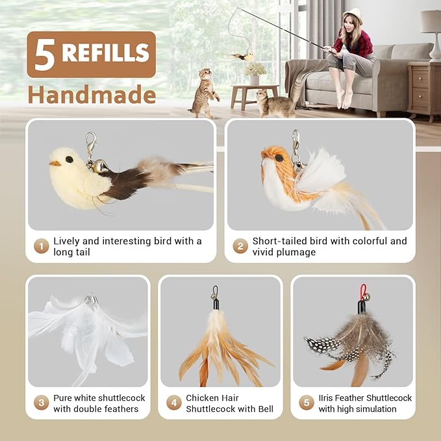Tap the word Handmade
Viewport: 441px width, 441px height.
coord(92,95)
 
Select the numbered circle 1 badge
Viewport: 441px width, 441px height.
coord(42,246)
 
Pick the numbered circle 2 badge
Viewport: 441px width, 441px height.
coord(240,246)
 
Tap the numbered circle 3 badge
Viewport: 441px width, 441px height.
coord(42,403)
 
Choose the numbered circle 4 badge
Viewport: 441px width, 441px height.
coord(174,403)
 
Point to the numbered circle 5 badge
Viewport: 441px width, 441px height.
coord(307,403)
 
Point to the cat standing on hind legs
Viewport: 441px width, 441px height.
coord(204,94)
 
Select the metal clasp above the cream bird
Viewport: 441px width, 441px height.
coord(91,144)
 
